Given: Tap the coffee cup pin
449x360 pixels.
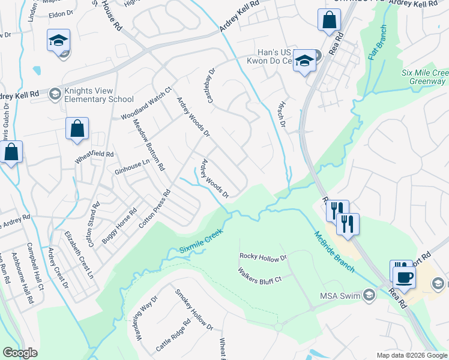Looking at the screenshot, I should pos(404,277).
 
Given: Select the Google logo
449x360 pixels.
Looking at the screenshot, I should pos(20,353).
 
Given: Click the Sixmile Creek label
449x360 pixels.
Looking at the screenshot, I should pos(200,241).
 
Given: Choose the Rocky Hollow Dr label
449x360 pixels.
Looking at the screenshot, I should pos(264,257).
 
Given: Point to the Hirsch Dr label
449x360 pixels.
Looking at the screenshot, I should pos(280,114).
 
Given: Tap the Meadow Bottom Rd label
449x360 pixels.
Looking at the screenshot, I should pos(148,145).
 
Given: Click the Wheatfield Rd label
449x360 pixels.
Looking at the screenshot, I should pos(94,157).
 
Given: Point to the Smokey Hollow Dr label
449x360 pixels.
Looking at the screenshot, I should pos(194,310).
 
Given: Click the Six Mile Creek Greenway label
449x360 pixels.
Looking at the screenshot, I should pos(425,77).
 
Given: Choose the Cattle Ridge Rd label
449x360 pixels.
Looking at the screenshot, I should pos(173,335).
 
